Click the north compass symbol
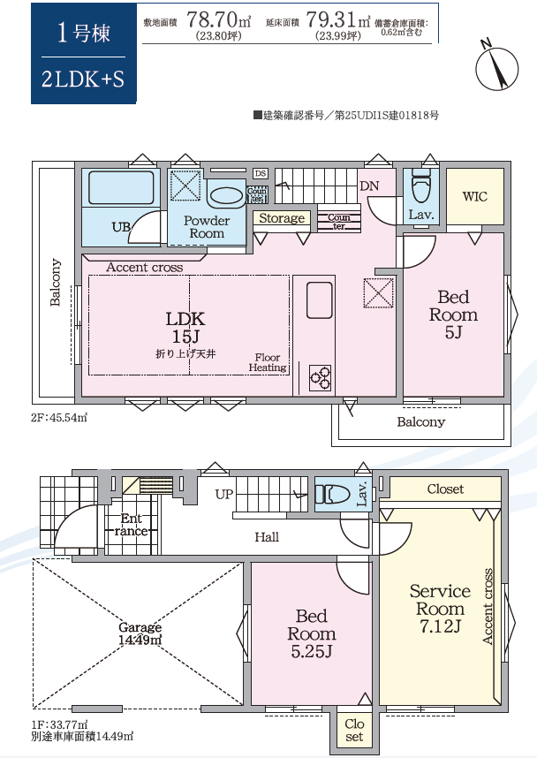click(x=497, y=67)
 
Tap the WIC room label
click(x=474, y=197)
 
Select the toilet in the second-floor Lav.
click(x=421, y=186)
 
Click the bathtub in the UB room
click(x=121, y=187)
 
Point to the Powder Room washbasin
click(x=227, y=197)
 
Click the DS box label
click(x=260, y=173)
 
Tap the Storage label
click(x=282, y=218)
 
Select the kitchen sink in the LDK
click(x=320, y=300)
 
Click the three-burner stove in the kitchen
click(x=320, y=377)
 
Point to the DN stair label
click(x=369, y=186)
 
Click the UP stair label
click(x=224, y=494)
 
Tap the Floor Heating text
click(x=268, y=362)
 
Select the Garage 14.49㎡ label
click(x=140, y=633)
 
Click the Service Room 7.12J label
click(x=440, y=609)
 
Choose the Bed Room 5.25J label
click(x=312, y=633)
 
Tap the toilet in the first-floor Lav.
click(x=333, y=495)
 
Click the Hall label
click(x=267, y=537)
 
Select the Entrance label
click(x=131, y=525)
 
